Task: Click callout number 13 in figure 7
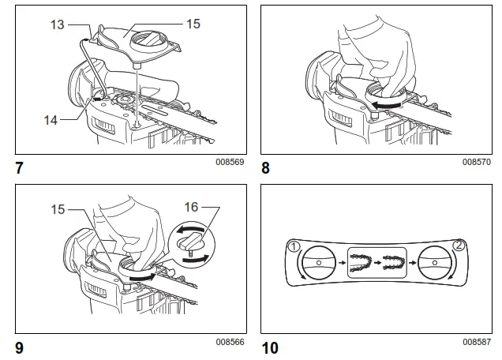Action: pyautogui.click(x=57, y=24)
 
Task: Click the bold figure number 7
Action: pyautogui.click(x=18, y=167)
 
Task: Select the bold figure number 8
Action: pyautogui.click(x=266, y=167)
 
